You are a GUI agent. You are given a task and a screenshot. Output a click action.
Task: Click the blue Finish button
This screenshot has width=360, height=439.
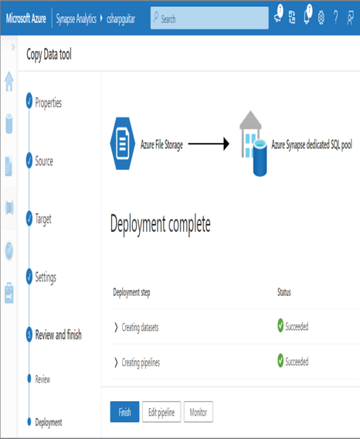124,411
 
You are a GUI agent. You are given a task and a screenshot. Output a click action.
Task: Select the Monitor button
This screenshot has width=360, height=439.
199,411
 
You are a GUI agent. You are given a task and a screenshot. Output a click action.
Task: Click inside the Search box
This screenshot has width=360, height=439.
209,19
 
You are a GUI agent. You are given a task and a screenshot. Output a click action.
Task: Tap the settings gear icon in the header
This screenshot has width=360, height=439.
321,18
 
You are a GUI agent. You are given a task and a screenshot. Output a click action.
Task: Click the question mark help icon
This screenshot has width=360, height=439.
335,18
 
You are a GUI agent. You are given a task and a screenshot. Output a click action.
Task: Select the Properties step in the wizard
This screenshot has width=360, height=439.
48,103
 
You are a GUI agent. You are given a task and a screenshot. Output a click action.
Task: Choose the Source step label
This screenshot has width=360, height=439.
44,161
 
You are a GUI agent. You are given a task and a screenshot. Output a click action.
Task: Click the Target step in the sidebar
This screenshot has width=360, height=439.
43,219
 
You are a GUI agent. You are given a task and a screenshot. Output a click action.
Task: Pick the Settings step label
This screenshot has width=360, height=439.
46,277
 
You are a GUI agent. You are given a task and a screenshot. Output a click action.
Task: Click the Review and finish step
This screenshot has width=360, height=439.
58,335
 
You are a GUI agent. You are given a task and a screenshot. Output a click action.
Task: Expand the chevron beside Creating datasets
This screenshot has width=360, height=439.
116,327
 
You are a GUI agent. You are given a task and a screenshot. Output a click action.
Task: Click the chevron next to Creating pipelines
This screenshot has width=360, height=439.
116,362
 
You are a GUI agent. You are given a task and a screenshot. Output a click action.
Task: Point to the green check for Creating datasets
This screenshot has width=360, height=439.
280,325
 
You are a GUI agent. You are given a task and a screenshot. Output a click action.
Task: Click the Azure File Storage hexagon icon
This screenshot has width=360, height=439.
122,143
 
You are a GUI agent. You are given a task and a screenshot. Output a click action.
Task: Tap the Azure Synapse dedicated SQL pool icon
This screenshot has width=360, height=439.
253,143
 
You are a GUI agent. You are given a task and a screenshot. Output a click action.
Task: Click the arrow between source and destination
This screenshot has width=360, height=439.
209,144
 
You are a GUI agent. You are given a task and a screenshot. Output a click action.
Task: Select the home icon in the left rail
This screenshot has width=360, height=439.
9,81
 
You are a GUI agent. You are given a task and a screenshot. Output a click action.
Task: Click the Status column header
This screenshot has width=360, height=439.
284,292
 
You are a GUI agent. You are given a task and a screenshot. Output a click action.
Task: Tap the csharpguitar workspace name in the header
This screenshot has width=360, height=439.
121,19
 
